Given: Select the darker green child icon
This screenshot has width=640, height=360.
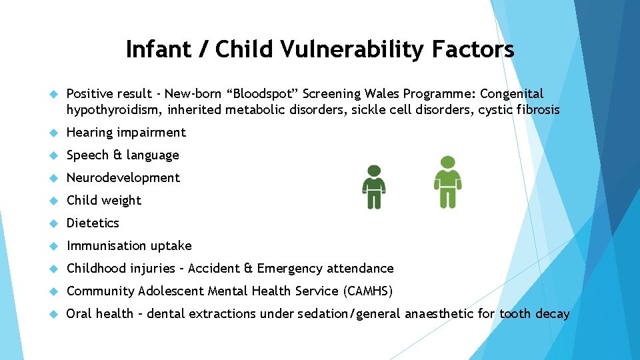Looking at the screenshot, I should tap(375, 187).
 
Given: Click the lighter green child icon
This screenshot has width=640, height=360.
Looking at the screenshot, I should tap(447, 183).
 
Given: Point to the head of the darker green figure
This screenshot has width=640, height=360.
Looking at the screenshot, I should tap(375, 171).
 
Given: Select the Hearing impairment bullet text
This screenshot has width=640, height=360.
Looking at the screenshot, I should tap(126, 133).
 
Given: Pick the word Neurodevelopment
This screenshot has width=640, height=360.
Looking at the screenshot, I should tap(123, 178).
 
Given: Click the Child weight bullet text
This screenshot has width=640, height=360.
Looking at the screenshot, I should tap(104, 201).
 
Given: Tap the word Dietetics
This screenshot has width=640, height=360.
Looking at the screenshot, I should tap(93, 223).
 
